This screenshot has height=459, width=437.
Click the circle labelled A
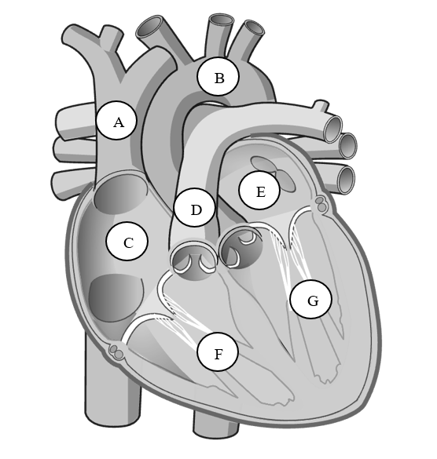coord(116,121)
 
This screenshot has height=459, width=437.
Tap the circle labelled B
coord(218,76)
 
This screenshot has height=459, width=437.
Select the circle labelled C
coord(127,241)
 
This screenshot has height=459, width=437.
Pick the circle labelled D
coord(194,207)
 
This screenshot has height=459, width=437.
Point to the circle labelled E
coord(259,191)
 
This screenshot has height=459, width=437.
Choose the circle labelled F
coord(218,352)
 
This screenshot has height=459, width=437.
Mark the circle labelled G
coord(311,299)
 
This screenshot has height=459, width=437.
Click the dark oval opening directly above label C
coord(120,194)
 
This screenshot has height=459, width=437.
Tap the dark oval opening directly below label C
coord(116,297)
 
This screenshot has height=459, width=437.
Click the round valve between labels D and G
coord(241,248)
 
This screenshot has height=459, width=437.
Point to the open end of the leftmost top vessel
coord(149,27)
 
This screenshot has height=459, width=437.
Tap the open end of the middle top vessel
coord(222,20)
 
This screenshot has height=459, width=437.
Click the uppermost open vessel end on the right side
coord(333,129)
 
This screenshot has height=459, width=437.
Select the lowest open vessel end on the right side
coord(346,180)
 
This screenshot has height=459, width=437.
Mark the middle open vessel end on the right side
coord(348,146)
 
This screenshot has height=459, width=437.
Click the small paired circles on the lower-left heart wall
coord(116,352)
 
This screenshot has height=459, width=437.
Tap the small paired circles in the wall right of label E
coord(321,204)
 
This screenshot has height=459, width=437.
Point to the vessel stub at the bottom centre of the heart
coord(215,425)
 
